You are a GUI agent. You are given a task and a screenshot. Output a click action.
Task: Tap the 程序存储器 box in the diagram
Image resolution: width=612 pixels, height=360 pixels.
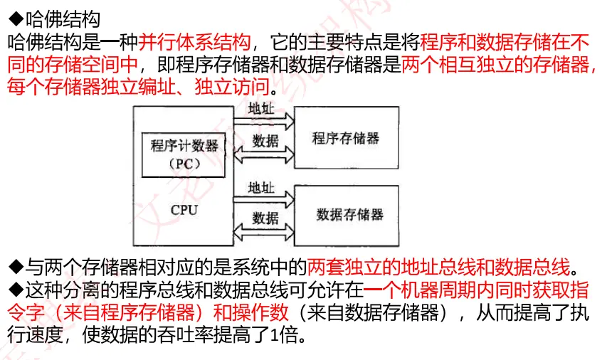point(347,138)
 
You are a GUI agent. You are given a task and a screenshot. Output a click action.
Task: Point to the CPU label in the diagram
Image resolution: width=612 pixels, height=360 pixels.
point(184,210)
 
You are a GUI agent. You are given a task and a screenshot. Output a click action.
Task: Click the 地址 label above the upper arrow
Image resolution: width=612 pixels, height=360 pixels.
point(261,109)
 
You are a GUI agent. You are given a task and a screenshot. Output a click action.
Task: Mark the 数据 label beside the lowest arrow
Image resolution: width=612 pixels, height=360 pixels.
point(265,218)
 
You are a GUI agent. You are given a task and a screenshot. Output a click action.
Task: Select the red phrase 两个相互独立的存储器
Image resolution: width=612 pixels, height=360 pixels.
point(496,65)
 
